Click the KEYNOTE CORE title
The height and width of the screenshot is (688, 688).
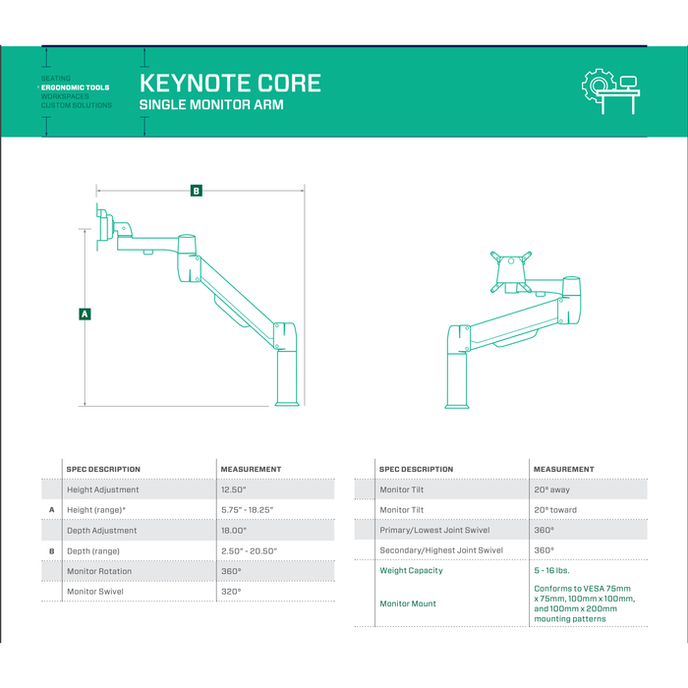point(230,82)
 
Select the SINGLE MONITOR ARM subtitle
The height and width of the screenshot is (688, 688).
point(211,105)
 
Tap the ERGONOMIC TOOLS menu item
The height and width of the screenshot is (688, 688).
point(76,87)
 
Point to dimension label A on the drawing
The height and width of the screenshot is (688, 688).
point(85,314)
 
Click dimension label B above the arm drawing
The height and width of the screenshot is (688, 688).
point(197,191)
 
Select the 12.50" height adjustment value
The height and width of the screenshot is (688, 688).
point(235,489)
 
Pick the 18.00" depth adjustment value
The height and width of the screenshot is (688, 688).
point(235,531)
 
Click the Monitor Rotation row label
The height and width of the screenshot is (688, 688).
point(99,571)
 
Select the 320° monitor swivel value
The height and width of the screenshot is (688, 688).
point(231,592)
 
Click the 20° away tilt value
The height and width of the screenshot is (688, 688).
point(551,489)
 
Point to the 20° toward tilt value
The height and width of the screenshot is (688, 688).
point(555,510)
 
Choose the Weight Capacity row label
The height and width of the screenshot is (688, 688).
point(411,570)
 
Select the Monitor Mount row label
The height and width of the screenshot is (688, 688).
point(407,603)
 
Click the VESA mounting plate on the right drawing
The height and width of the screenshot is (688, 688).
point(510,269)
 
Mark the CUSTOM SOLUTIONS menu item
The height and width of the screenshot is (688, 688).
point(77,105)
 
